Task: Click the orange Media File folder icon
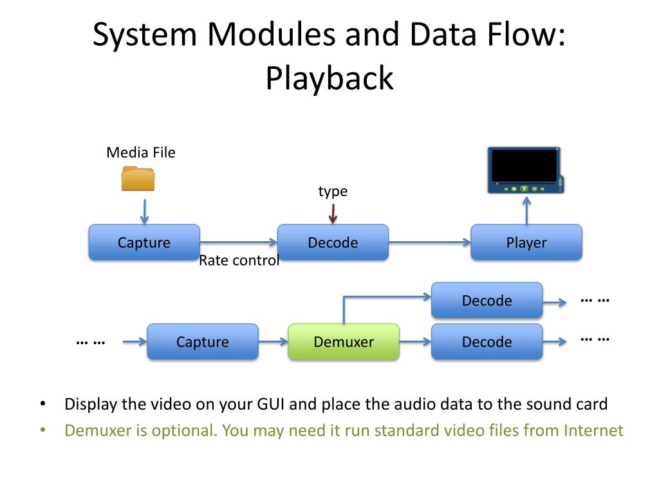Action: point(138,179)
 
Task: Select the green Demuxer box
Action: point(344,342)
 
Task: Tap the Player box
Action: point(526,242)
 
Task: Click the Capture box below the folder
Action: point(144,242)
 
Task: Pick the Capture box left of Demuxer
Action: point(203,342)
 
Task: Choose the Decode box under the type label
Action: point(333,242)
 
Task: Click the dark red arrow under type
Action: point(333,214)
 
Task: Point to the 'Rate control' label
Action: point(239,261)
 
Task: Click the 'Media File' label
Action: point(141,152)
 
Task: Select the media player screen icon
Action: point(525,170)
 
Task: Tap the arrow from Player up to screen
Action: point(526,211)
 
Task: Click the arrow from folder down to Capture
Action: point(145,211)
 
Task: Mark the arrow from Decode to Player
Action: point(429,242)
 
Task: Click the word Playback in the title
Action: point(330,78)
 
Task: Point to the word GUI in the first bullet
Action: point(271,404)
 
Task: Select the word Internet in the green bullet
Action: point(593,430)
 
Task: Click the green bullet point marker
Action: point(42,430)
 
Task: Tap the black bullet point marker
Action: point(42,404)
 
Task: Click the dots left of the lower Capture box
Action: point(91,343)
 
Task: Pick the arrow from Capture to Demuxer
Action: point(273,342)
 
